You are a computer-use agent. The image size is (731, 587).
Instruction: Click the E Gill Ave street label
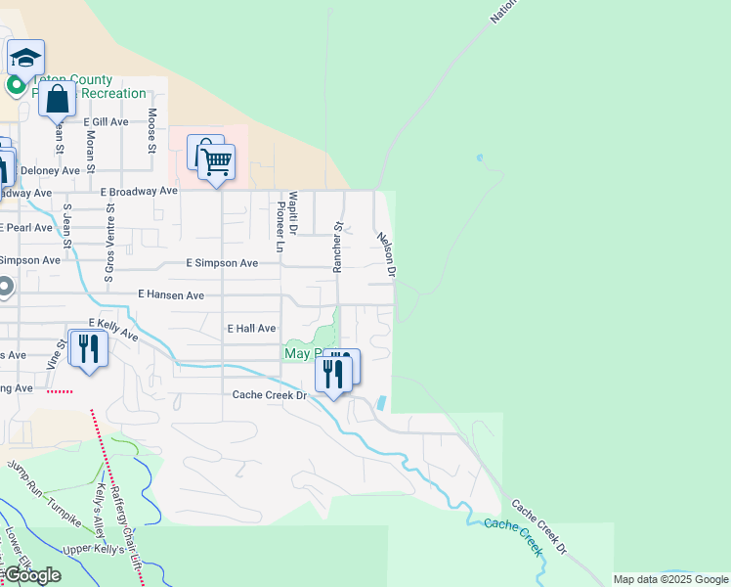(x=106, y=121)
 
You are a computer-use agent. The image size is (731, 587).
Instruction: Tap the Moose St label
(x=152, y=131)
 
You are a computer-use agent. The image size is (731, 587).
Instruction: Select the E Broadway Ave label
(x=140, y=192)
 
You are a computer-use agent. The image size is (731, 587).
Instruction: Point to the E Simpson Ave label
(x=223, y=263)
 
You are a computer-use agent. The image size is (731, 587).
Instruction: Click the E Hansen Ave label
(x=171, y=293)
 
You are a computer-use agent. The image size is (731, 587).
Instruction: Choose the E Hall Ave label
(x=251, y=329)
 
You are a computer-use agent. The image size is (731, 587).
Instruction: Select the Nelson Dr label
(x=383, y=253)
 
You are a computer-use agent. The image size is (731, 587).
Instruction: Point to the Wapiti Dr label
(x=292, y=214)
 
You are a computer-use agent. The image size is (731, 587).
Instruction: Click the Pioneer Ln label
(x=279, y=228)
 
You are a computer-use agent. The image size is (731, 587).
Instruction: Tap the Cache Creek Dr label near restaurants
(x=269, y=395)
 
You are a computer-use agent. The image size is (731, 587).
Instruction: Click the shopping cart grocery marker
(x=217, y=161)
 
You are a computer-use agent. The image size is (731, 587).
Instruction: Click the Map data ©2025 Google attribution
(x=671, y=579)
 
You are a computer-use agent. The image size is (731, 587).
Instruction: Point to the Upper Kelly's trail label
(x=96, y=549)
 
